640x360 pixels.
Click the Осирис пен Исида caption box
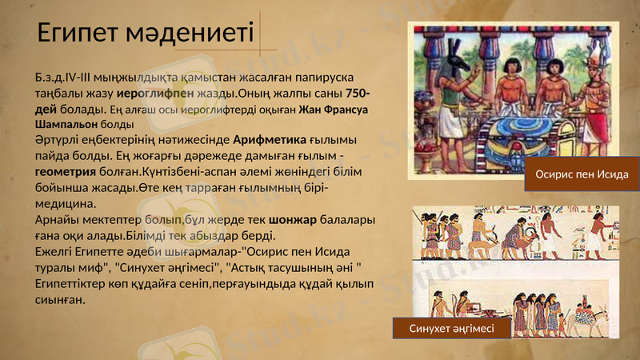[x=582, y=175]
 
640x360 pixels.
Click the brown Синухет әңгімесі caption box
[x=451, y=328]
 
